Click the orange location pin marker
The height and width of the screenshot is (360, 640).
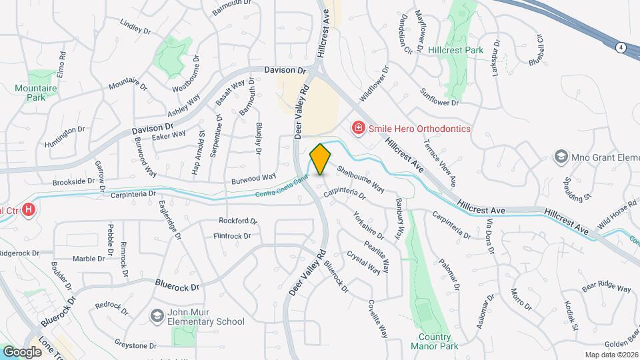[x=321, y=159]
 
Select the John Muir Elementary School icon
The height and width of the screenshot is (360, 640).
[x=157, y=315]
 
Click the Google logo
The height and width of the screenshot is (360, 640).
[x=21, y=351]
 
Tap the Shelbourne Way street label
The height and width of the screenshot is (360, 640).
[x=361, y=178]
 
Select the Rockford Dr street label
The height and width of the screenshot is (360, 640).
[x=238, y=221]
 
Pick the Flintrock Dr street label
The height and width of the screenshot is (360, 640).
[x=232, y=236]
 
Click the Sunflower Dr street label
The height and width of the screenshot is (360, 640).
[x=440, y=98]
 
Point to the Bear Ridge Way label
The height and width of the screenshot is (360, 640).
[x=606, y=288]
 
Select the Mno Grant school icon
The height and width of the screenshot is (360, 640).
[x=561, y=157]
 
